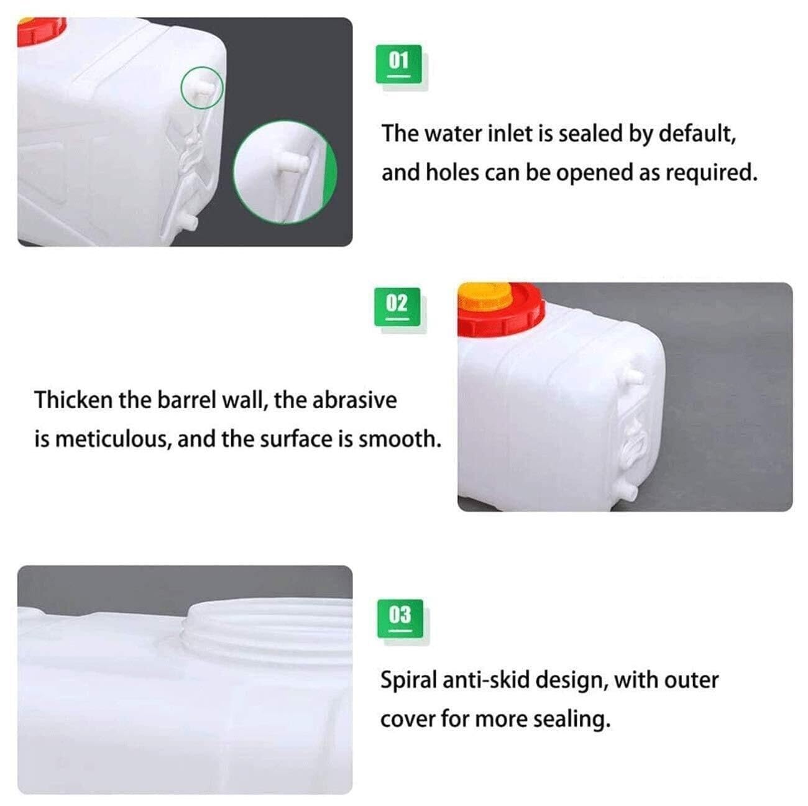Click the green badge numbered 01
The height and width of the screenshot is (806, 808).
(398, 63)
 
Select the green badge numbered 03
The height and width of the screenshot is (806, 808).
(400, 618)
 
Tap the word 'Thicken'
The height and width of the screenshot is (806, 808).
(73, 400)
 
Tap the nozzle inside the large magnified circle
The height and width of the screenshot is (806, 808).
(294, 161)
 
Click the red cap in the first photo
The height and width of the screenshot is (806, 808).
(42, 31)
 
